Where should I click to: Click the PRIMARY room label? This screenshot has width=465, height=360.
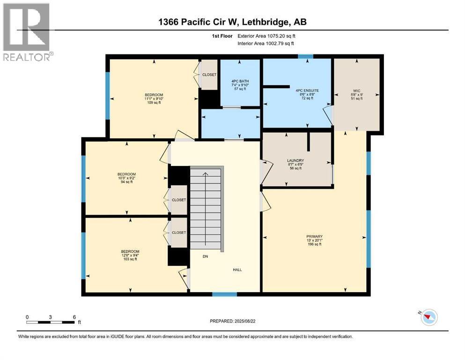(x=315, y=236)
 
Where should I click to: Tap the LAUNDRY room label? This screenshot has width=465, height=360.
(x=295, y=161)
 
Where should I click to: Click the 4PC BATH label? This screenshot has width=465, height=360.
(x=241, y=81)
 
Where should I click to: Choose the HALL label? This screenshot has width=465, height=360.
(x=238, y=270)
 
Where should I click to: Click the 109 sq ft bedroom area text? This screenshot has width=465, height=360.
(x=154, y=103)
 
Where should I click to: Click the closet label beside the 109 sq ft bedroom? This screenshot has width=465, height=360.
(x=208, y=75)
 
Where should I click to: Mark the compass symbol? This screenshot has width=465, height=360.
(x=428, y=317)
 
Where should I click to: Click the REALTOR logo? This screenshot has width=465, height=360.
(x=27, y=32)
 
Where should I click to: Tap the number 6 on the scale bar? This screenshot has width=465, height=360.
(x=74, y=316)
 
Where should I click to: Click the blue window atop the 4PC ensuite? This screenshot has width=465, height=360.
(x=305, y=57)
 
